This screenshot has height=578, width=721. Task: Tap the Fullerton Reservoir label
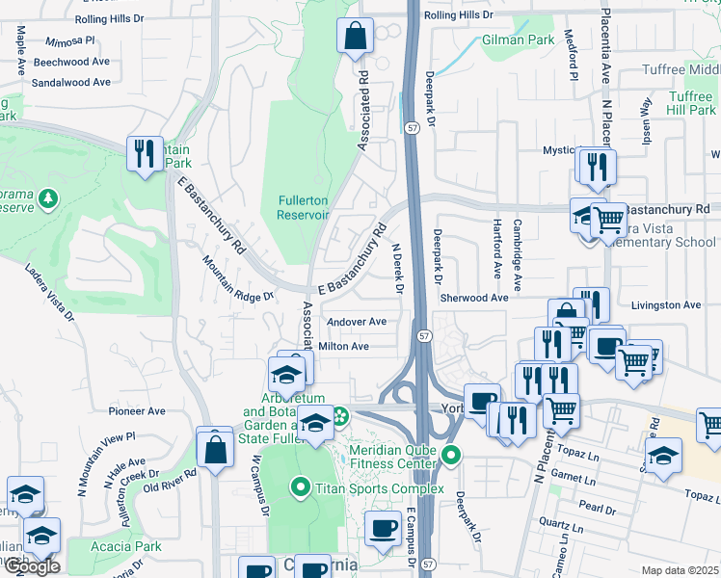click(304, 207)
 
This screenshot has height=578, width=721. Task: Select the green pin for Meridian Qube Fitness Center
click(450, 454)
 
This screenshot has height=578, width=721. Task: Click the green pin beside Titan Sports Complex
click(303, 488)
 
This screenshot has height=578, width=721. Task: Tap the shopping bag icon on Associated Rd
click(355, 36)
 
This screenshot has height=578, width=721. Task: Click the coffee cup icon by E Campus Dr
click(384, 529)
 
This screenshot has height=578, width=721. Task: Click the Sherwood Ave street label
click(473, 299)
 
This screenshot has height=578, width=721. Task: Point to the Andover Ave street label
click(357, 322)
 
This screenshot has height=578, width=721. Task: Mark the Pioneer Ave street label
click(137, 411)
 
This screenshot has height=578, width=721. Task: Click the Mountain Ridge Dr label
click(237, 280)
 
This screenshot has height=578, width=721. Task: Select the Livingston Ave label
click(665, 305)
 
